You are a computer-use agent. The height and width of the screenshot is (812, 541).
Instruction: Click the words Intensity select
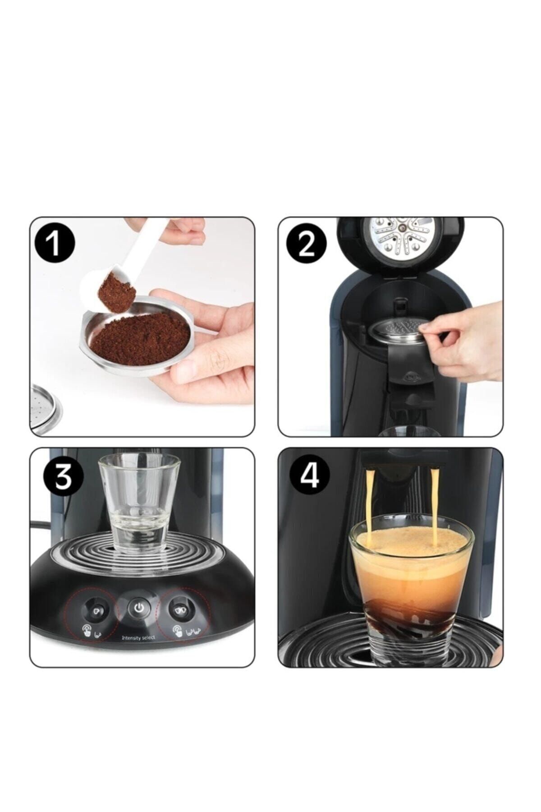[138, 637]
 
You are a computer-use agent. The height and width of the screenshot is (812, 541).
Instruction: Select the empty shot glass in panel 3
[139, 501]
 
